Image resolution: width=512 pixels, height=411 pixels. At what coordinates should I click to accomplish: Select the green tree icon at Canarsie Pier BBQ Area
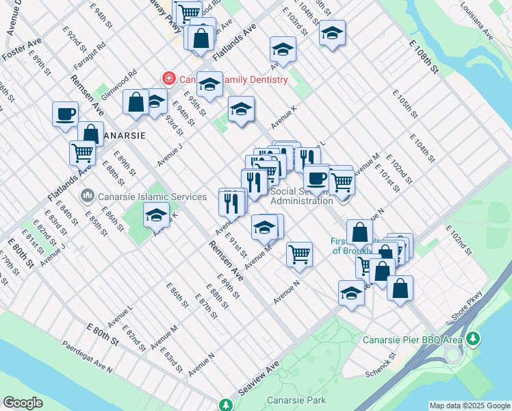pyautogui.click(x=473, y=338)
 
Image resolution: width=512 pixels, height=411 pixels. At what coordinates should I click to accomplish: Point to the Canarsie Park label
pyautogui.click(x=296, y=401)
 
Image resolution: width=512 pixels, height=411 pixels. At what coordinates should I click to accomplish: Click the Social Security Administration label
pyautogui.click(x=302, y=196)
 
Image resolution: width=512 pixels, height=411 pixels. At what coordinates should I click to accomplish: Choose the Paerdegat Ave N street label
pyautogui.click(x=87, y=357)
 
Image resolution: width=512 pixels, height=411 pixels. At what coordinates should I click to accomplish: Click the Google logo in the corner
pyautogui.click(x=23, y=403)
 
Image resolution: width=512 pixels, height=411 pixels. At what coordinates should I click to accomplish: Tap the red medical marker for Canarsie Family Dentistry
pyautogui.click(x=168, y=79)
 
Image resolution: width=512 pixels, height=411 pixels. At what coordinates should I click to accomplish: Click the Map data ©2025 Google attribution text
pyautogui.click(x=469, y=406)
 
